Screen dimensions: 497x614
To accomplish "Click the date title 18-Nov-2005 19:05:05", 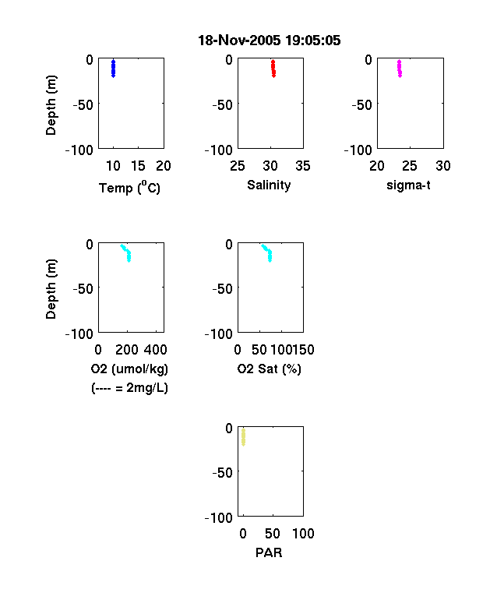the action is point(270,41).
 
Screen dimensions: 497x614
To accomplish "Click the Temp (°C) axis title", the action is point(129,187).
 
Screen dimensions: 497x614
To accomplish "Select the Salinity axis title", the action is point(269,185).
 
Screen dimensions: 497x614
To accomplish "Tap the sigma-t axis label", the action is point(408,185).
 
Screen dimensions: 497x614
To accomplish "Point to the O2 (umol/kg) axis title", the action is point(129,369).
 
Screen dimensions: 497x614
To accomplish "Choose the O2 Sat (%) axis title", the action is point(270,369).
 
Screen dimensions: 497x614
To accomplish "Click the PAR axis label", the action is point(269,552).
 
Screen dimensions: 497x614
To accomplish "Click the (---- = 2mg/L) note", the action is point(129,388).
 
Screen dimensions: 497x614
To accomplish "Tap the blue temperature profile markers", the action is point(113,69).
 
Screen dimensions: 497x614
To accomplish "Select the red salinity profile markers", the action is point(273,69).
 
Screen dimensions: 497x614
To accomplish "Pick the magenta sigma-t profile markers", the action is point(399,69).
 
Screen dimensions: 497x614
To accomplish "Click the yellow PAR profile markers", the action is point(243,437).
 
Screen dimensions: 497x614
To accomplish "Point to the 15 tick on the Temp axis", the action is point(138,166).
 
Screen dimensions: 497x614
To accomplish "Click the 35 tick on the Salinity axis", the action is point(303,166).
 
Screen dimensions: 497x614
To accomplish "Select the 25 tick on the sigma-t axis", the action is point(409,166).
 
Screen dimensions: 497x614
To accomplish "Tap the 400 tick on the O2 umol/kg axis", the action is point(156,350).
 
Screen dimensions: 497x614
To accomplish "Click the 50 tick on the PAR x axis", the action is point(273,533).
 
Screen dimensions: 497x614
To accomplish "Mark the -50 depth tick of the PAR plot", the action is point(223,473).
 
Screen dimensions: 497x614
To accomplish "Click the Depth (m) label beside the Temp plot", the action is point(51,105).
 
